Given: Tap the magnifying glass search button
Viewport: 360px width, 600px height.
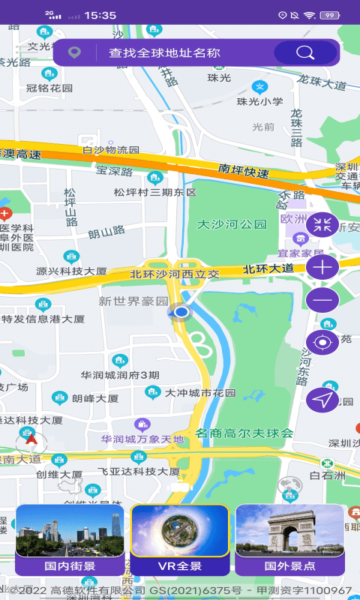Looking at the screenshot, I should click(x=305, y=52).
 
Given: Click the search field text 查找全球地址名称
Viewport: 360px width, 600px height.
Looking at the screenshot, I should click(x=164, y=53).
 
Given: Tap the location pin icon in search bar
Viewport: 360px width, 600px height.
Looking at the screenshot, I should click(x=74, y=53).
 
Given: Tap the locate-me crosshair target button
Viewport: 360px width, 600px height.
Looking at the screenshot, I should click(x=323, y=343).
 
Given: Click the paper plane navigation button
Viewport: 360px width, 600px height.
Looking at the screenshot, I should click(x=323, y=400).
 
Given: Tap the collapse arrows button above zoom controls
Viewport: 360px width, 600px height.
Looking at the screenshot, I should click(x=323, y=223).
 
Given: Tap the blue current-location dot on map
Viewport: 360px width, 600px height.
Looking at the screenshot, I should click(x=181, y=312).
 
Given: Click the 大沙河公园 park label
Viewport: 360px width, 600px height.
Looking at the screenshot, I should click(x=232, y=224).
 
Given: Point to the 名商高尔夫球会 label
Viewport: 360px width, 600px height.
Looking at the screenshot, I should click(x=244, y=433).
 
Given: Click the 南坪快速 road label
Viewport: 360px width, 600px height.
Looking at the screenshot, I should click(x=244, y=171).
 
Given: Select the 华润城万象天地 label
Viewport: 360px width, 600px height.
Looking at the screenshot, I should click(x=142, y=439).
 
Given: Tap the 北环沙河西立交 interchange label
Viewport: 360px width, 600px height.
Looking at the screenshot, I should click(x=175, y=274).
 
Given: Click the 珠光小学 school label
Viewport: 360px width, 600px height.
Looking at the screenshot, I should click(x=259, y=101).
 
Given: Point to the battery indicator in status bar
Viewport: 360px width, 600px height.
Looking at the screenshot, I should click(x=328, y=15).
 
